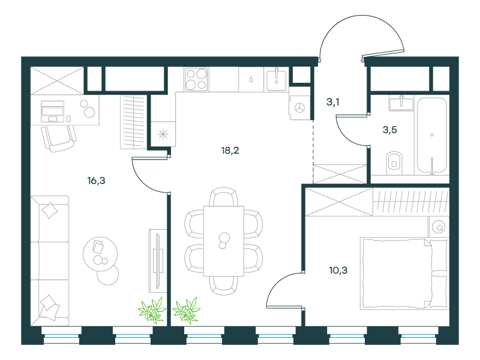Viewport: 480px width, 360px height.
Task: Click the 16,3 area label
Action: [x=96, y=181]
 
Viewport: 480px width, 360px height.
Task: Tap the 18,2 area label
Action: [x=230, y=151]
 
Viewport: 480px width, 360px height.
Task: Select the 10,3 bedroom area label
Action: [x=338, y=271]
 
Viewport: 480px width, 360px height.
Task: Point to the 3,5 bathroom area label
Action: [x=389, y=130]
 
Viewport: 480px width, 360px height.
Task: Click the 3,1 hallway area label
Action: [x=333, y=102]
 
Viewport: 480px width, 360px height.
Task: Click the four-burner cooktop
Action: [x=196, y=79]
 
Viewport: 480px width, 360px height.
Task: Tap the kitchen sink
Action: [x=277, y=80]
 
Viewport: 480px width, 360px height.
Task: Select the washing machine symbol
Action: [x=300, y=107]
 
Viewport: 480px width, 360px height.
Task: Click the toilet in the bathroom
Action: [x=394, y=163]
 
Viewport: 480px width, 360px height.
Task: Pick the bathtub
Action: [x=431, y=135]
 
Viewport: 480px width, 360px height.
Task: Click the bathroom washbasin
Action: [x=401, y=103]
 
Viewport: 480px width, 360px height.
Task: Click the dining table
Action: [x=224, y=241]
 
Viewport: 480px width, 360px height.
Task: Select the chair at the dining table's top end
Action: [x=224, y=197]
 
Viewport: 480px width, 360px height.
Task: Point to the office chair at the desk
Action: [x=59, y=138]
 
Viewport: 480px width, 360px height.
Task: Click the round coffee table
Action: [x=100, y=254]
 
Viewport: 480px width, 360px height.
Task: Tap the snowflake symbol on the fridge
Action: [x=163, y=134]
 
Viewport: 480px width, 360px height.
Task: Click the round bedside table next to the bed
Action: [x=439, y=227]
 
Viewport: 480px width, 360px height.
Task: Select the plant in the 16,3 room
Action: [x=152, y=310]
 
